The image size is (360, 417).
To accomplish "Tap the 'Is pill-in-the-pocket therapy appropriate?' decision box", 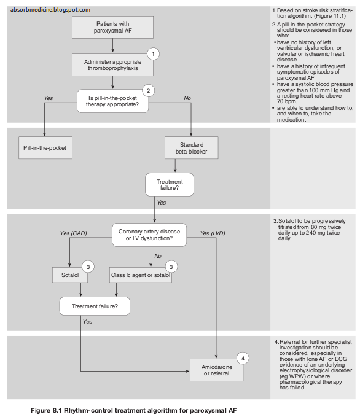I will (x=112, y=100).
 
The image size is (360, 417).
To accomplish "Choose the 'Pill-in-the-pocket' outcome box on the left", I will (x=44, y=148).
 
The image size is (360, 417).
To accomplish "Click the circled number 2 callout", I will (x=147, y=90).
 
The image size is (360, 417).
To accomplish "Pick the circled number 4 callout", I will (x=242, y=358).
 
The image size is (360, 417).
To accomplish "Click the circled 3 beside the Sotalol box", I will (x=88, y=267).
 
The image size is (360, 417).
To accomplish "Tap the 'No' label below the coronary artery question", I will (x=158, y=255).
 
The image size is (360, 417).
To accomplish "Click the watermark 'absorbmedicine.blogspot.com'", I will (x=50, y=10).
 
